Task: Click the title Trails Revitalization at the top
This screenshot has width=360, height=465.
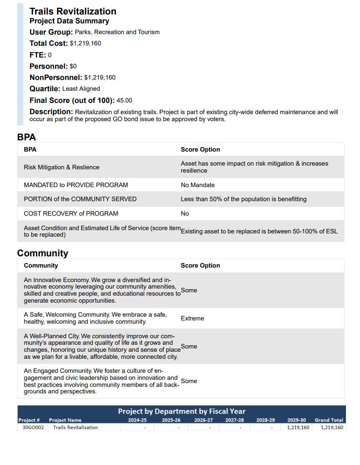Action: tap(73, 11)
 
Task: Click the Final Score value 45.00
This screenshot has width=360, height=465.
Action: tap(125, 101)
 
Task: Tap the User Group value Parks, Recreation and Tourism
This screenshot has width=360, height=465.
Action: tap(117, 32)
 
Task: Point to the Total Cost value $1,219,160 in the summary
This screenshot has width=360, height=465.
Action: tap(85, 44)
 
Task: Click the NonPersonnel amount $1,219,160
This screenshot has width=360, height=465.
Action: tap(100, 78)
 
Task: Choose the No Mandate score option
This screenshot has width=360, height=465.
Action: tap(198, 185)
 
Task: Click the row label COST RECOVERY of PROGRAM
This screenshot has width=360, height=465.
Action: tap(71, 214)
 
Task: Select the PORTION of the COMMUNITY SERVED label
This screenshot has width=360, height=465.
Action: tap(80, 199)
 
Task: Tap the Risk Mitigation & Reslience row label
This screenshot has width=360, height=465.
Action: tap(61, 167)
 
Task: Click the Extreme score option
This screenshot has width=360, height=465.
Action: tap(192, 319)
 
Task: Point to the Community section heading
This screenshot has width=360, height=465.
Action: tap(43, 253)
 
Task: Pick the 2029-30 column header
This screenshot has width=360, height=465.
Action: tap(296, 420)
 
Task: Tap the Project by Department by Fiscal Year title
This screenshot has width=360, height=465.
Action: tap(182, 411)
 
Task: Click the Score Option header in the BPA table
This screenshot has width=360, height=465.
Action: tap(200, 150)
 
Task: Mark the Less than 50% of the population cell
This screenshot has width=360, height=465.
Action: tap(243, 199)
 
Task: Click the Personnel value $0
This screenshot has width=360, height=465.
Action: tap(73, 66)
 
